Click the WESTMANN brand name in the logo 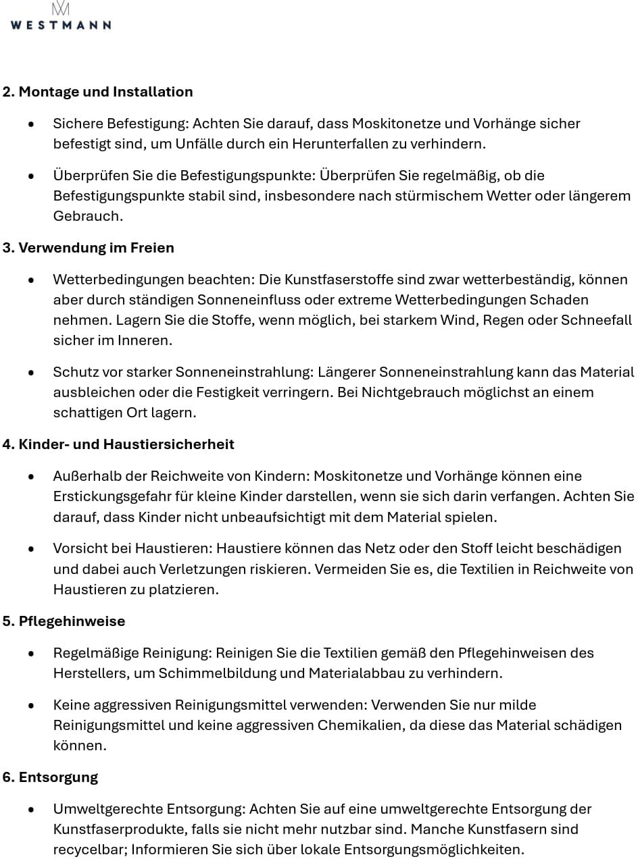pos(61,24)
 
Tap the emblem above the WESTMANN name pos(61,8)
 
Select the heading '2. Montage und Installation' pos(97,92)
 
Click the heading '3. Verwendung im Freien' pos(88,248)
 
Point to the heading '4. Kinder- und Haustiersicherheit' pos(118,444)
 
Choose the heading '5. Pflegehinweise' pos(64,621)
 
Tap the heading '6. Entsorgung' pos(50,777)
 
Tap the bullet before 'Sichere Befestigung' pos(31,124)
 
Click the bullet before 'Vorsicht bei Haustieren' pos(31,549)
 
